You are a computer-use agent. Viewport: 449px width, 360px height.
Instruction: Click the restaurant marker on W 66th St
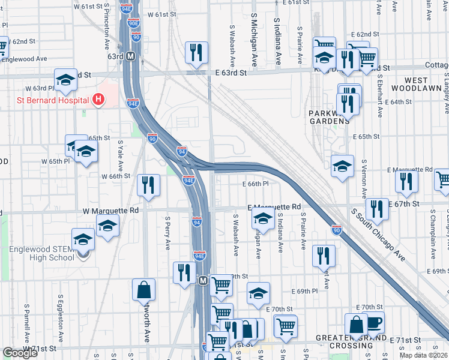coord(148,185)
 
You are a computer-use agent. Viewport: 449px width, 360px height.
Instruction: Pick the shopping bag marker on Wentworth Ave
coord(144,290)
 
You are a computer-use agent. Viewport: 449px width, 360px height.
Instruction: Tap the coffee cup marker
coord(373,322)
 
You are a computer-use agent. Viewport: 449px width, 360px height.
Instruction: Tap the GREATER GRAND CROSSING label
coord(357,341)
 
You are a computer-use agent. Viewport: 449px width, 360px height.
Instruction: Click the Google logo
coord(20,353)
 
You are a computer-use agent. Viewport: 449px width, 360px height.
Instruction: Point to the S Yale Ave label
coord(120,154)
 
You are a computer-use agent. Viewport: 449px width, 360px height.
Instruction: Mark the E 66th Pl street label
coord(255,184)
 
